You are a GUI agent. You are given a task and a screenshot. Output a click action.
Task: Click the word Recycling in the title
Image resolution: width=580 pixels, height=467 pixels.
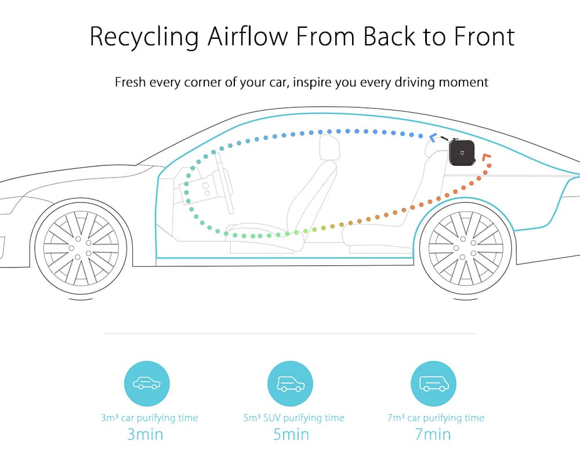144,37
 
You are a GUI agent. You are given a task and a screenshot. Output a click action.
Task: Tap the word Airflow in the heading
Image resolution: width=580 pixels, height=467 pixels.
248,36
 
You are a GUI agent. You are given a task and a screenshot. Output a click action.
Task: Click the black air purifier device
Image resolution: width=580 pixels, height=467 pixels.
462,152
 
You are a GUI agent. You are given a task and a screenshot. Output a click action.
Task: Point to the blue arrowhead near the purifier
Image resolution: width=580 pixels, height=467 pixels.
433,137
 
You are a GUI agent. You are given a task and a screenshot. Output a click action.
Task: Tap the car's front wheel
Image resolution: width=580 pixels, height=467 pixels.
81,248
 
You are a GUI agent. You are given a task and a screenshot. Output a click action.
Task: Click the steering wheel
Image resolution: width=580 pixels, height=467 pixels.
224,183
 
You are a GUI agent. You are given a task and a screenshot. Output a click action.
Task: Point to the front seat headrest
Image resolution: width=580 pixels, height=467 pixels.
329,147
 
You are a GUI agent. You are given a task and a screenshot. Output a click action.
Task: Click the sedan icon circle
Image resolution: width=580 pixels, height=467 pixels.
147,383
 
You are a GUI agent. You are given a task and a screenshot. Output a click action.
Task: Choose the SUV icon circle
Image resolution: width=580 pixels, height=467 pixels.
291,383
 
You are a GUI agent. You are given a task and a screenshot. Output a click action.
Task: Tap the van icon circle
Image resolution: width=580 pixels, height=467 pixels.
433,383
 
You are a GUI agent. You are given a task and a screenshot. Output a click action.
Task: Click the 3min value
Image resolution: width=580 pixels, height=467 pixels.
145,434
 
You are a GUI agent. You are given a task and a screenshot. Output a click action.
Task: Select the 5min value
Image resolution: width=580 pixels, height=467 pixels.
291,434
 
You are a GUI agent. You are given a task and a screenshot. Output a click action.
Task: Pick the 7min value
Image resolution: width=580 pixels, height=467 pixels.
433,434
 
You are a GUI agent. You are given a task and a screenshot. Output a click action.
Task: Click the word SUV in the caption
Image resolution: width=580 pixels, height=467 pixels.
272,418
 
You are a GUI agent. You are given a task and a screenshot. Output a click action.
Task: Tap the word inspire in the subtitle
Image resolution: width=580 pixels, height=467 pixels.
313,82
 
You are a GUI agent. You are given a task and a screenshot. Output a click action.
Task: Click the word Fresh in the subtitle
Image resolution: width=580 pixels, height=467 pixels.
130,82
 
